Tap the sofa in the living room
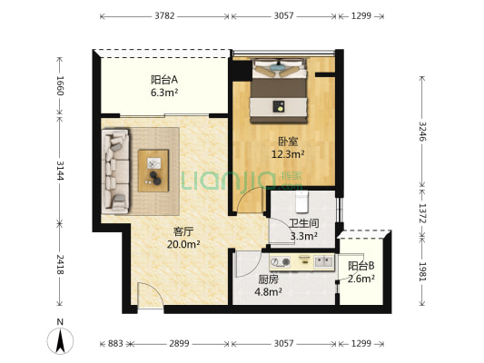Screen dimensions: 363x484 116,170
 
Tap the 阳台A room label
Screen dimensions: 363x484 164,79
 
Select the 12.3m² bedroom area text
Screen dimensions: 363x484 288,154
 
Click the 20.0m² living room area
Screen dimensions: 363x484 185,244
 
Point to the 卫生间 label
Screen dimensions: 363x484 302,223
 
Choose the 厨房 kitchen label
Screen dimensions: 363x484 267,280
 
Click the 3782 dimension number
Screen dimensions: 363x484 165,16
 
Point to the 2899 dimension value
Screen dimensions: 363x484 179,344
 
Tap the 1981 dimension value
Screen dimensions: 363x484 423,271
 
